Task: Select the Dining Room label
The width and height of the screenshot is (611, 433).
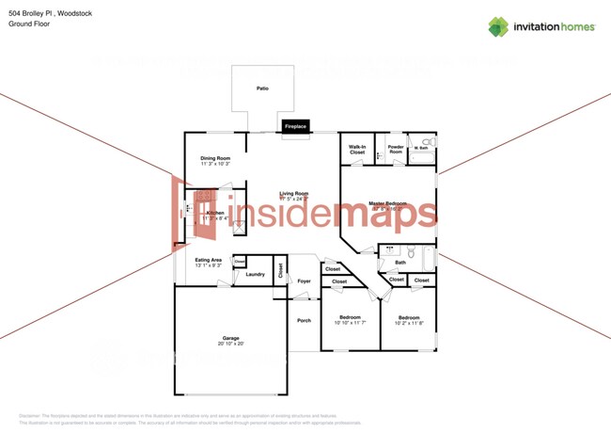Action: tap(215, 158)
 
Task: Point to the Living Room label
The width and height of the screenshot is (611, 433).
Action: tap(293, 194)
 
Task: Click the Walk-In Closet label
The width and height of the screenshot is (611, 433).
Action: tap(357, 150)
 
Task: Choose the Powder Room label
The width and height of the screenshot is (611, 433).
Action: tap(396, 150)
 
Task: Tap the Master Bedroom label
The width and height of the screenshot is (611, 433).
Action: tap(387, 203)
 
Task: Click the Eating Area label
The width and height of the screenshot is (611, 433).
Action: tap(209, 260)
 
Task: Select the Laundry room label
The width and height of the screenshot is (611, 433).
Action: tap(255, 274)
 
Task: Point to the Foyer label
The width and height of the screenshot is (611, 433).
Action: tap(304, 281)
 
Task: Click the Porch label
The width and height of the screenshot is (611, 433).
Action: tap(304, 320)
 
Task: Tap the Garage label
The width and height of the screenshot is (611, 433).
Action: tap(230, 338)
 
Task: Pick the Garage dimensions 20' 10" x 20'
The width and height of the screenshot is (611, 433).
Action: tap(230, 344)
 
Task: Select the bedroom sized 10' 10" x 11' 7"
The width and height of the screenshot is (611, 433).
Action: tap(350, 320)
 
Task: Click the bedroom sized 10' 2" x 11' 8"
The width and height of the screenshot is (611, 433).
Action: tap(409, 320)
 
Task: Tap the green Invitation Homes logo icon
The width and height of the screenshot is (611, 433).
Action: tap(497, 26)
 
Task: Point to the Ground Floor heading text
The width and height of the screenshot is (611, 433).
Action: tap(28, 24)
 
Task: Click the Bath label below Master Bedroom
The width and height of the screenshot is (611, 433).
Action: tap(399, 263)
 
